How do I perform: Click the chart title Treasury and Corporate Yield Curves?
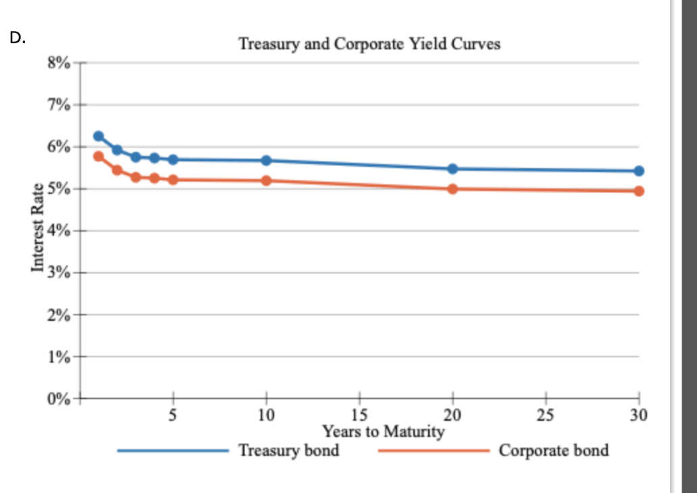[x=369, y=45]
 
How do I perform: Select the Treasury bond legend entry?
[x=289, y=450]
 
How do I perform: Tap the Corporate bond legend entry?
[x=553, y=450]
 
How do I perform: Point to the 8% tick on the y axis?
[x=57, y=63]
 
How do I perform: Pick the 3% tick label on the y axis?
[x=57, y=273]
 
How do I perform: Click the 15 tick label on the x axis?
[x=359, y=415]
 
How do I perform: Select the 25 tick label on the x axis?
[x=546, y=415]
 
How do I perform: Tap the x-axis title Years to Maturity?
[x=383, y=431]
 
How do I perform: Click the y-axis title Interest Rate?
[x=38, y=228]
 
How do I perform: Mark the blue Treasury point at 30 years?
[x=639, y=171]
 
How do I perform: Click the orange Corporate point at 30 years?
[x=639, y=191]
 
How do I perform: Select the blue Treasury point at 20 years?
[x=453, y=169]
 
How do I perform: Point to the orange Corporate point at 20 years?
[x=453, y=189]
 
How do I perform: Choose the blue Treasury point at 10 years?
[x=266, y=161]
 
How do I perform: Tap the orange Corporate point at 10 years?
[x=266, y=181]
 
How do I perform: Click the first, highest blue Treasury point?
[x=99, y=136]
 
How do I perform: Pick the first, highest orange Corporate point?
[x=99, y=157]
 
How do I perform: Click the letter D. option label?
[x=18, y=38]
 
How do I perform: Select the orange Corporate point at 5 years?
[x=173, y=180]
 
